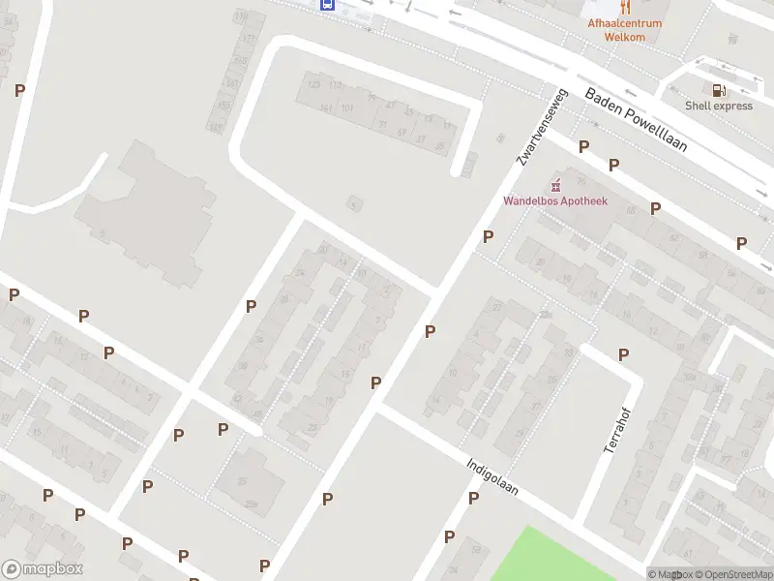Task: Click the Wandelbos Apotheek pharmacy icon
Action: pyautogui.click(x=555, y=185)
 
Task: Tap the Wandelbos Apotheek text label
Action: pyautogui.click(x=554, y=201)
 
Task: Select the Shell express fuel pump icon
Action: pyautogui.click(x=718, y=90)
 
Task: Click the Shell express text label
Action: pyautogui.click(x=718, y=106)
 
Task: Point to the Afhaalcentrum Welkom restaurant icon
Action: pyautogui.click(x=624, y=6)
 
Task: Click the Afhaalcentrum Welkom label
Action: pyautogui.click(x=624, y=29)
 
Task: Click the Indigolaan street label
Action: pyautogui.click(x=491, y=476)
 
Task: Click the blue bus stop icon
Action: pyautogui.click(x=328, y=4)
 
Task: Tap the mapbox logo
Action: pyautogui.click(x=43, y=569)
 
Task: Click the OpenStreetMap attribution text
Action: pyautogui.click(x=733, y=574)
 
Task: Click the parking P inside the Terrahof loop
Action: pyautogui.click(x=623, y=354)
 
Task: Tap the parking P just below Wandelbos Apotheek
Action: pyautogui.click(x=489, y=236)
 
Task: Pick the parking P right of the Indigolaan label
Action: pyautogui.click(x=473, y=498)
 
